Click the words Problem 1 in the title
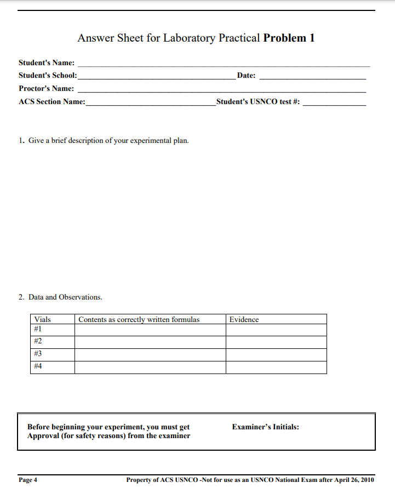tap(289, 38)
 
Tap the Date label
tap(246, 76)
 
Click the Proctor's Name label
tap(47, 89)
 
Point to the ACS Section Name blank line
tap(151, 105)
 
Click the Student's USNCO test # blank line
tap(334, 105)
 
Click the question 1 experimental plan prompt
tap(104, 141)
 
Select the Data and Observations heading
tap(60, 297)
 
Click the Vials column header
tap(42, 319)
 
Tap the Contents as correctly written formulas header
tap(139, 319)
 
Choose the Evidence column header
tap(244, 319)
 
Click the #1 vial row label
tap(38, 329)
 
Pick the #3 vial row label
tap(38, 354)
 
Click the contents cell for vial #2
tap(150, 342)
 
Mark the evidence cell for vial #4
tap(276, 367)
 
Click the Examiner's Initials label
tap(266, 427)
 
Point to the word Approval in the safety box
tap(44, 436)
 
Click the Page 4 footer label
tap(28, 480)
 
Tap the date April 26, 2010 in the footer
tap(354, 480)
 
